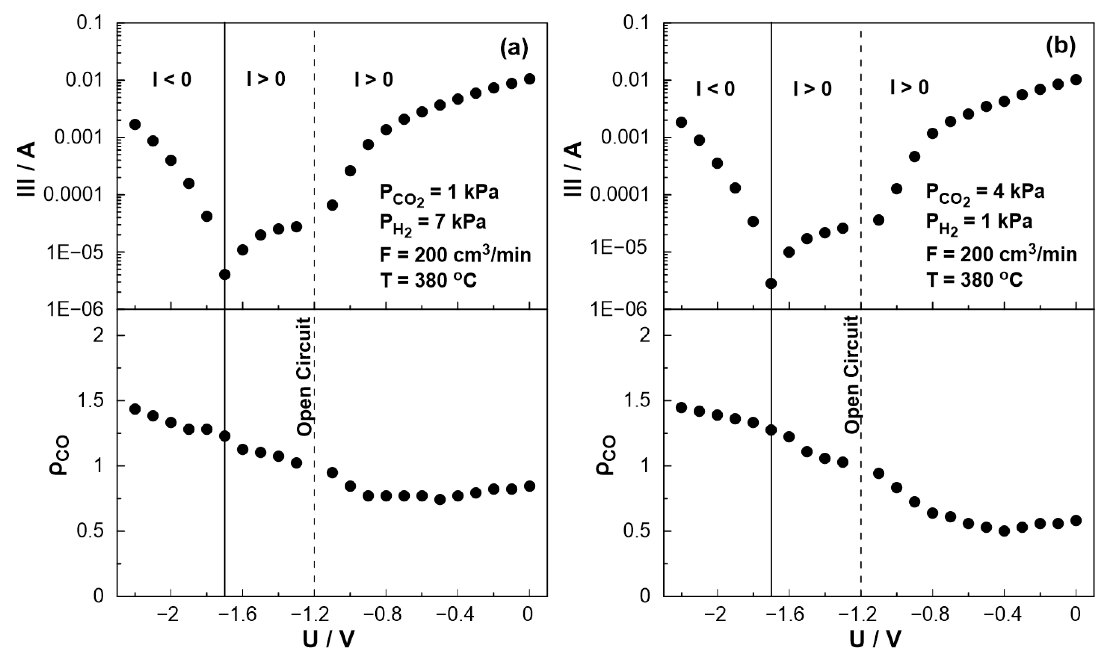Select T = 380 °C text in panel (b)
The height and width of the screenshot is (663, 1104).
coord(974,280)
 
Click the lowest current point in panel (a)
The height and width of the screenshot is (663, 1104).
coord(225,274)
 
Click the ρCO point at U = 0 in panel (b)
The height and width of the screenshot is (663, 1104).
coord(1076,520)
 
